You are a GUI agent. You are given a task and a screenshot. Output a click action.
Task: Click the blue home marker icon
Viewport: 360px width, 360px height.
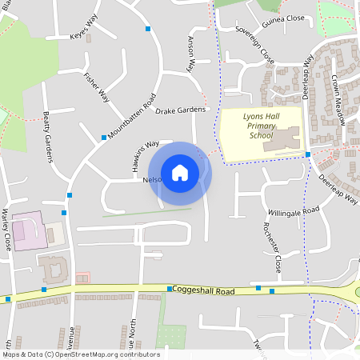pos(180,173)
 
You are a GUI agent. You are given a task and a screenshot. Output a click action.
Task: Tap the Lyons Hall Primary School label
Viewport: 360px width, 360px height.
pos(260,126)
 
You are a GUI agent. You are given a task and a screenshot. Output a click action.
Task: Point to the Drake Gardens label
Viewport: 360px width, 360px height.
pos(181,110)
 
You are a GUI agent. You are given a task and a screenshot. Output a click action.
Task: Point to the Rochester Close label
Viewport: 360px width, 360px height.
pos(272,245)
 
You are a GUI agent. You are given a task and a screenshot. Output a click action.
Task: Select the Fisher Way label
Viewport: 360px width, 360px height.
pos(97,87)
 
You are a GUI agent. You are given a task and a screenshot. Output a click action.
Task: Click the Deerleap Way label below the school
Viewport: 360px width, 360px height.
pos(338,190)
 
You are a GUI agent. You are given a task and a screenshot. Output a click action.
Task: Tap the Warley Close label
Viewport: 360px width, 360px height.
pos(7,230)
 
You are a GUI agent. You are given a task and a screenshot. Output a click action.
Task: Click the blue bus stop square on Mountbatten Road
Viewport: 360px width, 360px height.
pos(104,138)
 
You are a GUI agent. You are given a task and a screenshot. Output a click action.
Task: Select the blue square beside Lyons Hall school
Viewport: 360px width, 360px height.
pos(308,154)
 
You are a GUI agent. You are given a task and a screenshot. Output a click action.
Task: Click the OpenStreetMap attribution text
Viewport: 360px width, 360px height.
pos(81,354)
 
